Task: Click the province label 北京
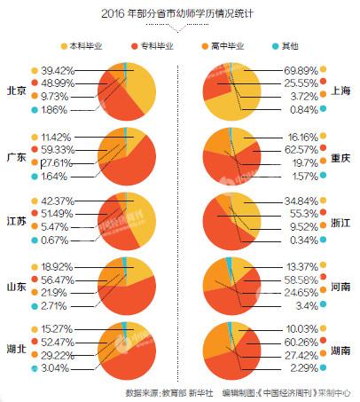[x=16, y=91]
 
